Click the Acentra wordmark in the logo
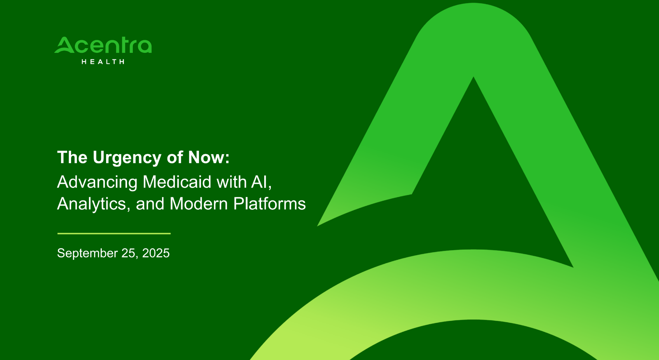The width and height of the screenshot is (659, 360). [x=103, y=45]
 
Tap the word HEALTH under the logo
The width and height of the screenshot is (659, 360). [x=103, y=61]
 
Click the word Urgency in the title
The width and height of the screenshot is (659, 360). [x=127, y=158]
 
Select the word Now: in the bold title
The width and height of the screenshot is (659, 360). [x=209, y=157]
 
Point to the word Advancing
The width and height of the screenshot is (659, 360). [x=97, y=183]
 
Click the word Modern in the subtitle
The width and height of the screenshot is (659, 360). [x=199, y=203]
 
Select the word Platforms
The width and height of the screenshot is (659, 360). [x=270, y=203]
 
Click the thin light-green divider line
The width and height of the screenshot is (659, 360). [x=114, y=233]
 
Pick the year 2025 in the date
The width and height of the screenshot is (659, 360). [x=156, y=253]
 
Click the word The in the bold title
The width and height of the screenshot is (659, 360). [x=72, y=157]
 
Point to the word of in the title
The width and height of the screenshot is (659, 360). [x=175, y=157]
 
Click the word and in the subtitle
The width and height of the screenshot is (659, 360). [x=150, y=203]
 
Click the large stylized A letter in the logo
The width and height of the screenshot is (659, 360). [x=65, y=45]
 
